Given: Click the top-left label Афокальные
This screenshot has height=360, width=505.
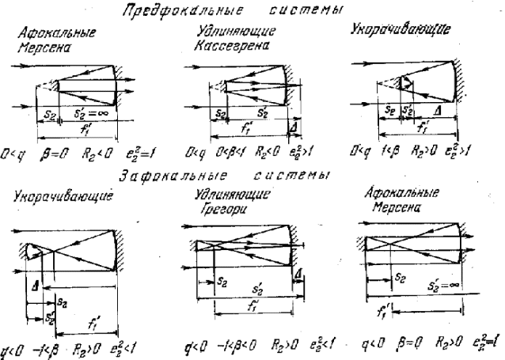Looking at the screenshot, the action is [x=57, y=35].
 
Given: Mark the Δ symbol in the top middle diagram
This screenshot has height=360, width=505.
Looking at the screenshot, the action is [x=294, y=125].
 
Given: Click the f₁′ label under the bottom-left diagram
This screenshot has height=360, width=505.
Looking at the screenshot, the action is [x=94, y=322].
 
